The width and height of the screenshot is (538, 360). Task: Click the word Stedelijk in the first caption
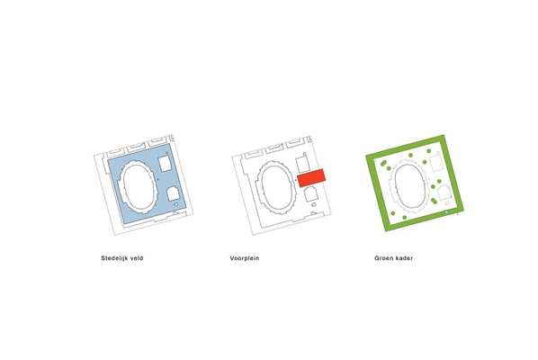click(x=114, y=258)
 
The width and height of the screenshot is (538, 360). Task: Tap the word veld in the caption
click(x=137, y=258)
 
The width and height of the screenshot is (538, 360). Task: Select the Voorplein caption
click(x=245, y=258)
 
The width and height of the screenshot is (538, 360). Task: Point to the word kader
click(x=404, y=258)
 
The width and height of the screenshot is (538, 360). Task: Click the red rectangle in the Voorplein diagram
click(x=311, y=178)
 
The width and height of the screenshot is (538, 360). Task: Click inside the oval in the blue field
click(x=138, y=187)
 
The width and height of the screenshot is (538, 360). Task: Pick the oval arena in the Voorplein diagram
click(x=276, y=187)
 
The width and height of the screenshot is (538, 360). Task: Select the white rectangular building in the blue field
click(x=165, y=164)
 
